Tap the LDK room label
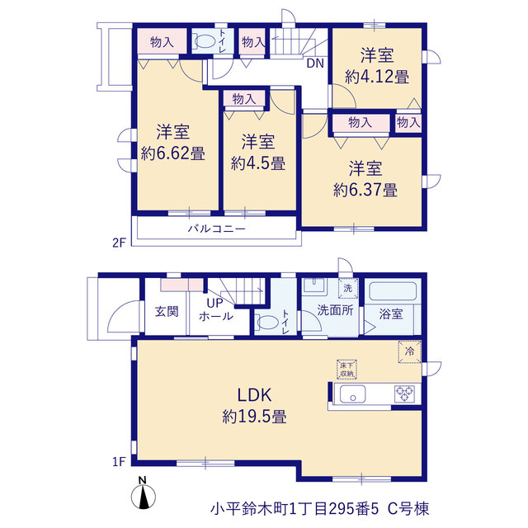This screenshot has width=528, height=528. coord(254,395)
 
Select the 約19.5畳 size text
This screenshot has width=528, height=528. coord(254,417)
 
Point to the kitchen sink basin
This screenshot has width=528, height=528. coord(352,394)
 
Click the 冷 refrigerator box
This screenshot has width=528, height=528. coord(409,352)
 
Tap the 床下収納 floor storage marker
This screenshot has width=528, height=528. coord(346,370)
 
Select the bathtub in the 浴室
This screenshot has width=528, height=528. coord(393,291)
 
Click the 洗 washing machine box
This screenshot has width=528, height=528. coord(348,288)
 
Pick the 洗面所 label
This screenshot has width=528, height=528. coord(335,310)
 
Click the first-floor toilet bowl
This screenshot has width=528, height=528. coord(266,323)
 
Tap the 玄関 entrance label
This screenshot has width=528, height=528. coord(167,312)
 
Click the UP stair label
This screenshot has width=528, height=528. coord(214,303)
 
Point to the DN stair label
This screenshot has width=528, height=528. coord(315,64)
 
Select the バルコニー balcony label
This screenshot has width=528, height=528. coord(216,229)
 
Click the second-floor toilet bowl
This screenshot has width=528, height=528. coord(205,42)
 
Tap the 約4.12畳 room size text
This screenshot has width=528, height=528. coord(377,77)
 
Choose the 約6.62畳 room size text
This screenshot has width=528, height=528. coord(172,153)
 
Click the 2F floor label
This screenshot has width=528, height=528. coord(119,243)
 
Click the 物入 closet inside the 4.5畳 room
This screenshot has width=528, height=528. coord(244,99)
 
